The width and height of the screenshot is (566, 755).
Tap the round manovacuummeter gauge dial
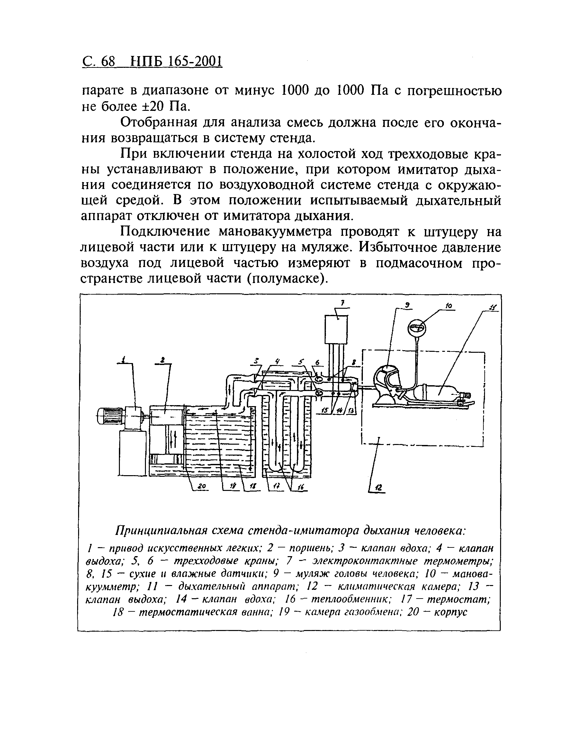(417, 328)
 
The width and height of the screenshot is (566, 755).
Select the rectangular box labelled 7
(336, 329)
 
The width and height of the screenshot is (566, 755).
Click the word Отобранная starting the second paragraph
(159, 122)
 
